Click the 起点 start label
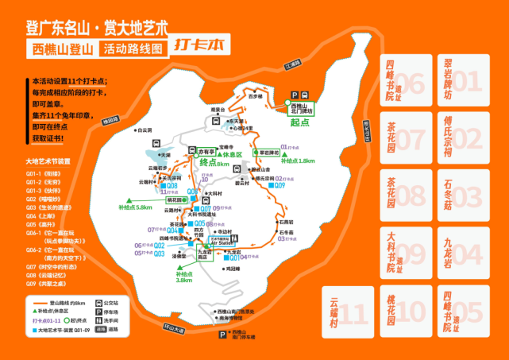[299, 123]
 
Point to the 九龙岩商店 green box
[207, 255]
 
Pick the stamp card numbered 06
[404, 80]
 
